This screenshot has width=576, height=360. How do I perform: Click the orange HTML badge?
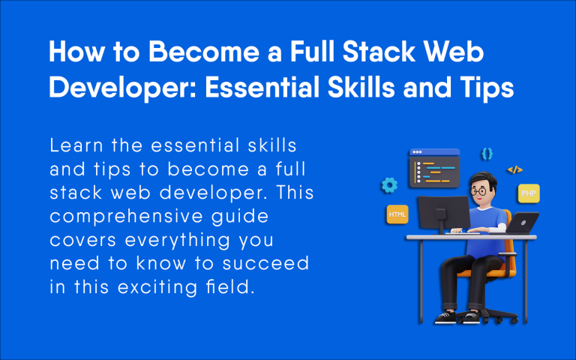coord(397,214)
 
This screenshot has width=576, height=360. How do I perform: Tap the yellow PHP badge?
coord(528,193)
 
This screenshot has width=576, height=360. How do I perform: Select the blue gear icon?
coord(388,184)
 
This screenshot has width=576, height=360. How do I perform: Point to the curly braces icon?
coord(487,153)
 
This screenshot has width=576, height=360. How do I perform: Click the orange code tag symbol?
coord(514,170)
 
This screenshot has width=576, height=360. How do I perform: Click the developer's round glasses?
coord(478,189)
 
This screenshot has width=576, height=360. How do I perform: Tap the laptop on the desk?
coord(523,223)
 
